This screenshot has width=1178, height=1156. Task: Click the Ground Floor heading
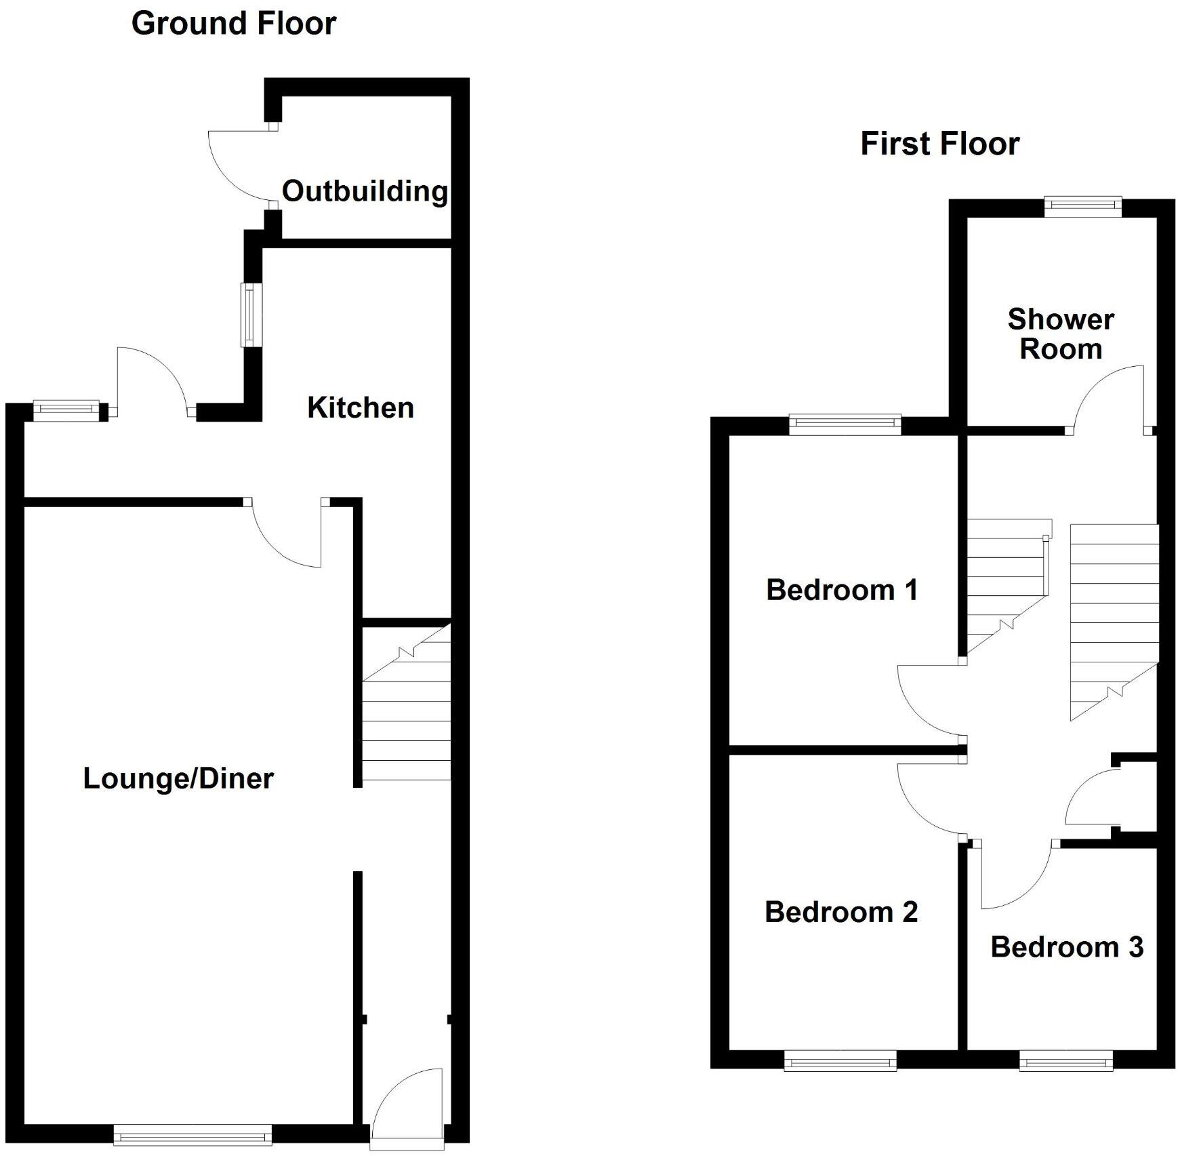point(233,24)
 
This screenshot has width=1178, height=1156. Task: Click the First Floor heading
point(939,144)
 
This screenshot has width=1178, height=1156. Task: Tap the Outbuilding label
point(365,191)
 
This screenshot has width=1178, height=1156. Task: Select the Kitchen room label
point(360,407)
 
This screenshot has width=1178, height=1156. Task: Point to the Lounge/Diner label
point(178,778)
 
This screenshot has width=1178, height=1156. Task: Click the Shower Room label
point(1060,334)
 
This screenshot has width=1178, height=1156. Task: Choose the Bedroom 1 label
point(842,590)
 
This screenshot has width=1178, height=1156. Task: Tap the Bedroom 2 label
point(841,912)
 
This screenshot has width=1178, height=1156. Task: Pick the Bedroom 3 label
point(1067,947)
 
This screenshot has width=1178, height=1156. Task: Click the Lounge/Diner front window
point(192,1134)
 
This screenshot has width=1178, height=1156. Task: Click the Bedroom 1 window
point(845,424)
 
